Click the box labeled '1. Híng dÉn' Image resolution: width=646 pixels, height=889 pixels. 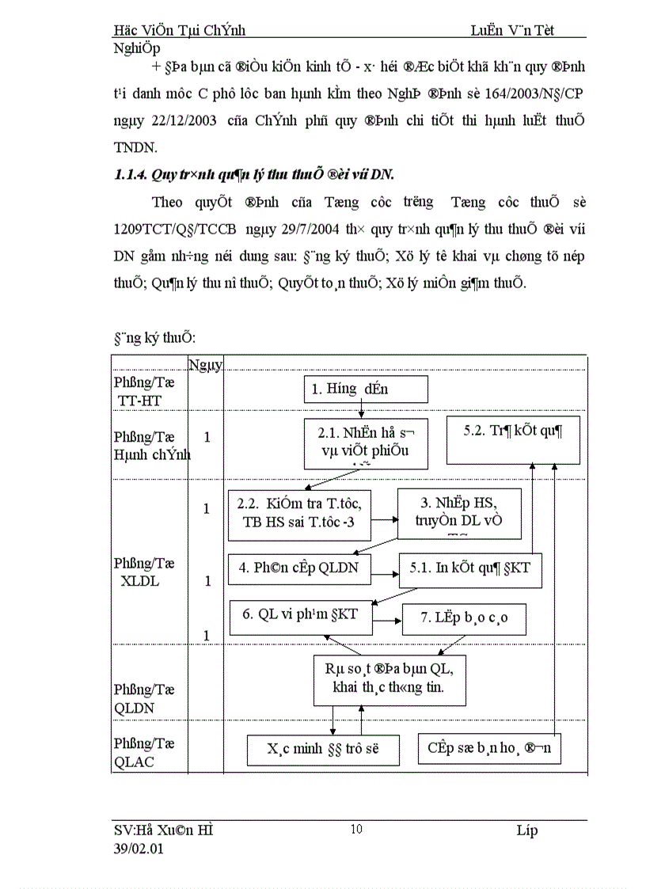[366, 389]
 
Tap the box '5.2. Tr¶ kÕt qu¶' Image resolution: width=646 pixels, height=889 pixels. [512, 441]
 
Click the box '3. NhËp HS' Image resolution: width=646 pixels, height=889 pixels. [458, 512]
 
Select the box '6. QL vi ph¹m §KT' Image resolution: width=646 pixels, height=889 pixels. [301, 617]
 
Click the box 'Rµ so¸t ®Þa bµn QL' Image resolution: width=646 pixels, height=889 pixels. [389, 680]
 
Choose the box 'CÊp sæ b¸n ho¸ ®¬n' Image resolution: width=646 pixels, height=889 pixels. [489, 748]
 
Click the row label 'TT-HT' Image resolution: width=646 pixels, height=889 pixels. [139, 401]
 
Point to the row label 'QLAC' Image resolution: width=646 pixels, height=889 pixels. [133, 762]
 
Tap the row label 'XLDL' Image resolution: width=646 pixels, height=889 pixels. [139, 581]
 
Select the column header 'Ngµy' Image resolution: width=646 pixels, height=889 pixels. [206, 363]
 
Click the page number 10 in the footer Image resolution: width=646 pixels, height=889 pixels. [355, 829]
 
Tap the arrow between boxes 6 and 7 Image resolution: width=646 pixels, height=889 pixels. [387, 618]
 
